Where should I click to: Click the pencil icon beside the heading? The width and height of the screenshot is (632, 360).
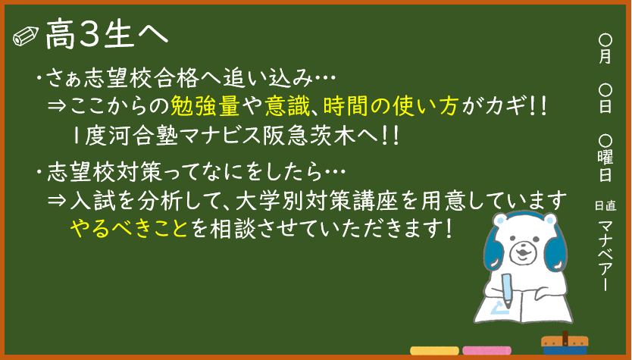tap(26, 36)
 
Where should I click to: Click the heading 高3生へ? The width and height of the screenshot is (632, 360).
tap(107, 35)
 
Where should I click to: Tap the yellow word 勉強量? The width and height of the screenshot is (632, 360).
tap(205, 106)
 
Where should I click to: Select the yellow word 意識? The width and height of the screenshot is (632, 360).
tap(287, 106)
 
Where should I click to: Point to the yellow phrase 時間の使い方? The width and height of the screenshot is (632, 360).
tap(390, 106)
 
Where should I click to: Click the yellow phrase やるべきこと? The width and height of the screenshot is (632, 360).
tap(129, 229)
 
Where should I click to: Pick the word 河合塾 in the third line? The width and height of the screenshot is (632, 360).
tap(143, 136)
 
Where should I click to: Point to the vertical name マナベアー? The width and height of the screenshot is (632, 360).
tap(605, 255)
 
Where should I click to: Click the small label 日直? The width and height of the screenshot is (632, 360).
tap(605, 206)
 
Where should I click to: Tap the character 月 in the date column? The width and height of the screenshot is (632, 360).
tap(605, 56)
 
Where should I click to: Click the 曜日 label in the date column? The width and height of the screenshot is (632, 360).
tap(605, 165)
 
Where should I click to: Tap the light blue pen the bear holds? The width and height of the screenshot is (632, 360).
tap(507, 290)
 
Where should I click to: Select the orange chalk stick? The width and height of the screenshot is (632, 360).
tap(434, 351)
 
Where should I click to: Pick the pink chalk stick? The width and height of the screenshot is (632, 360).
tap(487, 351)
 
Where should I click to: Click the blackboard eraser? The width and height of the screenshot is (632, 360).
tap(565, 344)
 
